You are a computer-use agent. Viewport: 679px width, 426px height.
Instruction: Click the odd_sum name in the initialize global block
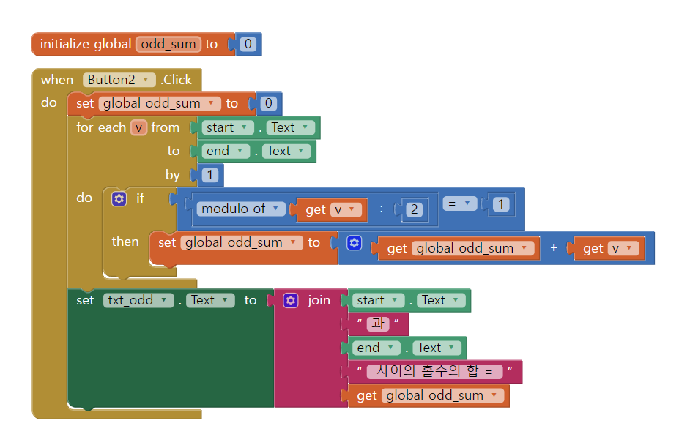(168, 44)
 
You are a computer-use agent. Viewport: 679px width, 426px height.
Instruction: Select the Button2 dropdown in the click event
(119, 80)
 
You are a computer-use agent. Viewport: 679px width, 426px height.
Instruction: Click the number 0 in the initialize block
(248, 44)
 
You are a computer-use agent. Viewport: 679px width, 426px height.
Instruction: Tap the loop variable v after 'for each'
(138, 127)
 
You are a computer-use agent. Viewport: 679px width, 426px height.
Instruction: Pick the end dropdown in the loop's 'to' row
(227, 151)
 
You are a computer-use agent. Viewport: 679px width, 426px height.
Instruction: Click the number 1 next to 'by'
(209, 175)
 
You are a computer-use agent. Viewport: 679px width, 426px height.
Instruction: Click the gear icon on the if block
(119, 198)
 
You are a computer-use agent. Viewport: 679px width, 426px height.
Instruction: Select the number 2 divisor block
(414, 210)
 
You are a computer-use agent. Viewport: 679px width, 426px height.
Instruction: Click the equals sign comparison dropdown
(459, 204)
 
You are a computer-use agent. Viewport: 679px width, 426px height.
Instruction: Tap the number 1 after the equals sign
(501, 204)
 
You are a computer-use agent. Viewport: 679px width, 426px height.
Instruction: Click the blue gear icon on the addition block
(355, 242)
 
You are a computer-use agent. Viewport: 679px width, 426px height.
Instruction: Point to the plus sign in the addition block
(554, 248)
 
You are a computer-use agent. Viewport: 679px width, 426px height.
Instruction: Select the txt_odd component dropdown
(138, 300)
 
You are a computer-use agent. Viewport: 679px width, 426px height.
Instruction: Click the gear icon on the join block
(291, 300)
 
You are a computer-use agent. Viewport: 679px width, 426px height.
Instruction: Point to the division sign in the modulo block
(381, 210)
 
